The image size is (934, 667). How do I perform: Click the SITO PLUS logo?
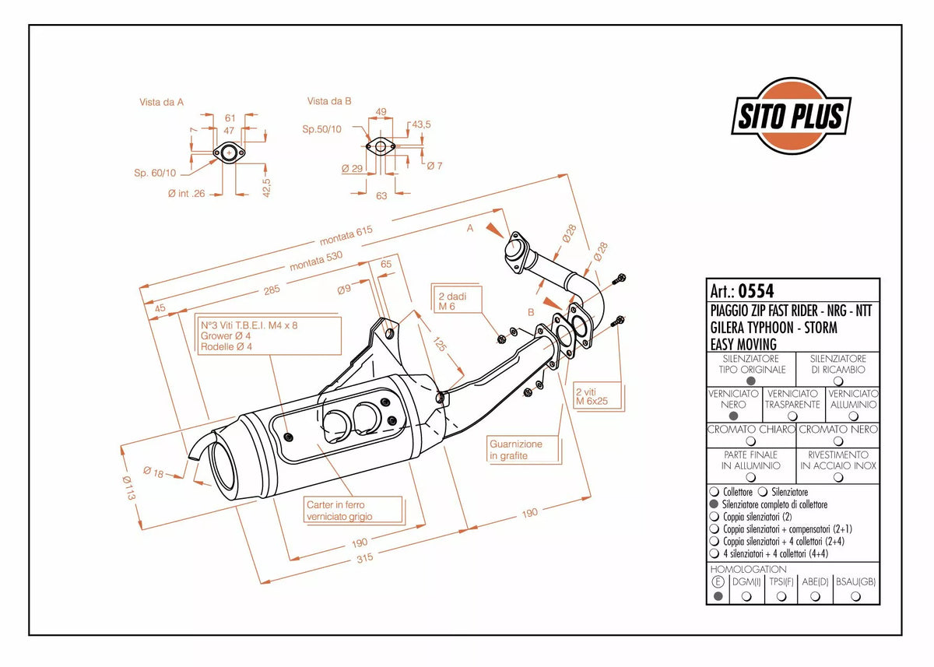tap(791, 115)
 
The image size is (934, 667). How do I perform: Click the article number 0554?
tap(756, 291)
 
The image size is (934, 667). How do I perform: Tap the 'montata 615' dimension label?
tap(346, 236)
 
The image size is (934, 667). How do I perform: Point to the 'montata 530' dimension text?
tap(316, 261)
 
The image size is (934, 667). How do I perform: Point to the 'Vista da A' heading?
tap(161, 102)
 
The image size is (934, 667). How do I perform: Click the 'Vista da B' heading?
tap(329, 101)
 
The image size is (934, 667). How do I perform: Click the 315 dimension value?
tap(364, 558)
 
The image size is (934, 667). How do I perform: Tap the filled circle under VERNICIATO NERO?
tap(733, 416)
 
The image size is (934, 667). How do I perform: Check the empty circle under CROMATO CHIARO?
tap(750, 441)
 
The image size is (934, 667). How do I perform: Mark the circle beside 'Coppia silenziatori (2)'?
tap(715, 517)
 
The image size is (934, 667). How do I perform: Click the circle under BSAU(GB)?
tap(855, 596)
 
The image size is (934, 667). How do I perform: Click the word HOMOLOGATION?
tap(749, 569)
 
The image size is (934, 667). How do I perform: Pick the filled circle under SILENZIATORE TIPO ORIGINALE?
tap(751, 381)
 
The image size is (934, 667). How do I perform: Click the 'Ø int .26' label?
tap(186, 194)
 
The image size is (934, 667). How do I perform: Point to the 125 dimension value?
tap(440, 344)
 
